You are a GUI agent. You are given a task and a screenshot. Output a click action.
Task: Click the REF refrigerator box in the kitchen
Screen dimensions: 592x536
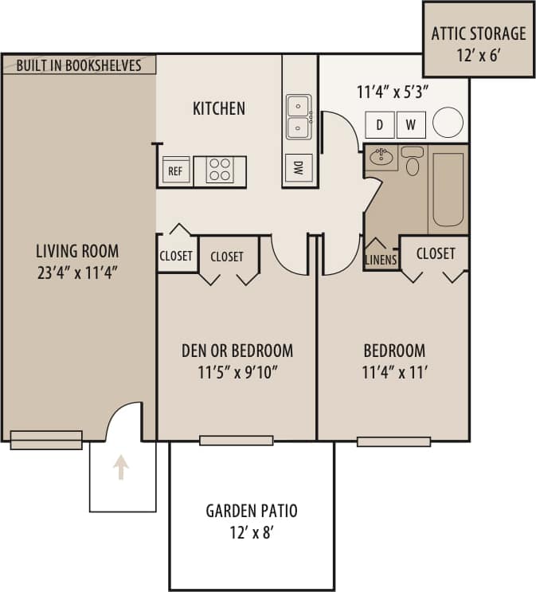tap(176, 170)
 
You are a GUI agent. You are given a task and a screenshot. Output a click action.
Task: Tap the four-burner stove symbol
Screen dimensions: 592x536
tap(220, 170)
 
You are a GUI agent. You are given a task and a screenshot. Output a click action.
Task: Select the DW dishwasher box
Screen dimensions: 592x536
tap(299, 167)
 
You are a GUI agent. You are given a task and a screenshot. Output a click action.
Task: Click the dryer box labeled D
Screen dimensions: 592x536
tap(380, 124)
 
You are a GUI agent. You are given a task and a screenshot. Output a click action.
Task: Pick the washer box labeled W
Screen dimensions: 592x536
tap(411, 124)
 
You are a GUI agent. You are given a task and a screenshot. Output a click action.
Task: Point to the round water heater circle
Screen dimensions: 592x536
tap(448, 123)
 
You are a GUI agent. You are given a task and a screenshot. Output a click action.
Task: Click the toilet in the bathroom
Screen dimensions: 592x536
tap(412, 163)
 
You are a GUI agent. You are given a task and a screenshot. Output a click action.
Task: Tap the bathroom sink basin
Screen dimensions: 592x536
tap(383, 158)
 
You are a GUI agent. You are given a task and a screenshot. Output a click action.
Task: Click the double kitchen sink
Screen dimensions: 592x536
tap(299, 116)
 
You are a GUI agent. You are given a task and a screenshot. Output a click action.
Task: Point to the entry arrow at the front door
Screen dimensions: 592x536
tap(121, 467)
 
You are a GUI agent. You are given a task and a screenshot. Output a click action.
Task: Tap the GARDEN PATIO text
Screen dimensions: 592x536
tap(252, 511)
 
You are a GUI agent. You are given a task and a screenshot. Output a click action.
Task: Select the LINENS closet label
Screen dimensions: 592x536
tap(381, 260)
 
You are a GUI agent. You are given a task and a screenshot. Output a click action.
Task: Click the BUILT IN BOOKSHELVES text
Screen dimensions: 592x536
tap(79, 65)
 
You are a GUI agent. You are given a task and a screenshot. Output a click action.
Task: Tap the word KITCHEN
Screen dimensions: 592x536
tap(219, 108)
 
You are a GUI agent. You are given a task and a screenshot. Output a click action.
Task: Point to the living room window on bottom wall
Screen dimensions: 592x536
tap(45, 439)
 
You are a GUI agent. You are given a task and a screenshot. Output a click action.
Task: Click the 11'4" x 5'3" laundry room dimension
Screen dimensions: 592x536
tap(393, 90)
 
